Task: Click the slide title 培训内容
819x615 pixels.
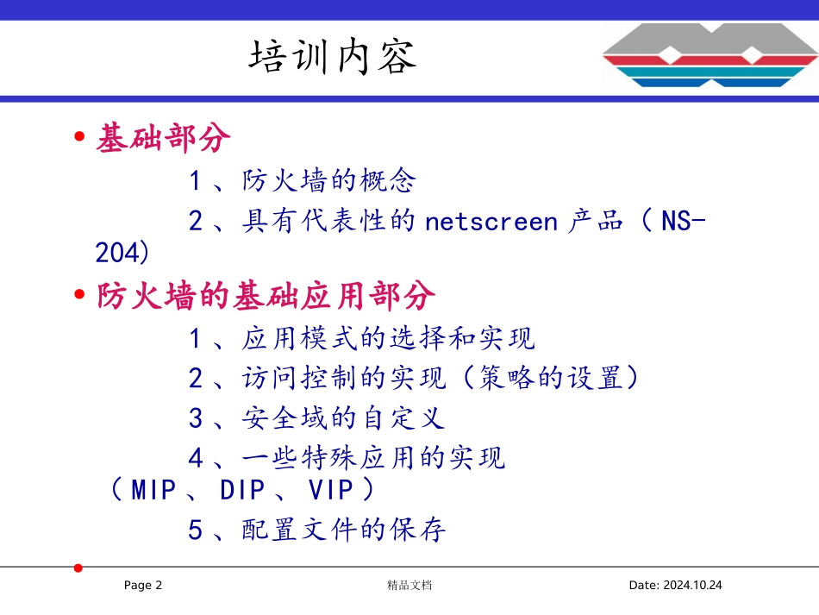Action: pyautogui.click(x=333, y=57)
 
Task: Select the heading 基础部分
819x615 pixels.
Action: pyautogui.click(x=163, y=138)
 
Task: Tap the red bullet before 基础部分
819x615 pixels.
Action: pyautogui.click(x=80, y=138)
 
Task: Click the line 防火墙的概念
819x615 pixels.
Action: pyautogui.click(x=328, y=181)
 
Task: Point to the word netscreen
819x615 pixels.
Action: pyautogui.click(x=492, y=222)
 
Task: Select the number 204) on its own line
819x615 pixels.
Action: pyautogui.click(x=122, y=254)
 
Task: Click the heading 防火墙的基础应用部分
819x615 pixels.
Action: pyautogui.click(x=266, y=297)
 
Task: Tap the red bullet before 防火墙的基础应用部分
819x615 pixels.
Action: pyautogui.click(x=80, y=297)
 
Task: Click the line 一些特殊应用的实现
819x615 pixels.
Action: pyautogui.click(x=372, y=458)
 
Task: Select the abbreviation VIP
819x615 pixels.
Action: pyautogui.click(x=331, y=490)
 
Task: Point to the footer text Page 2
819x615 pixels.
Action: pyautogui.click(x=143, y=586)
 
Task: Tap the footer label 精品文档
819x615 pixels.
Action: pyautogui.click(x=409, y=586)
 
